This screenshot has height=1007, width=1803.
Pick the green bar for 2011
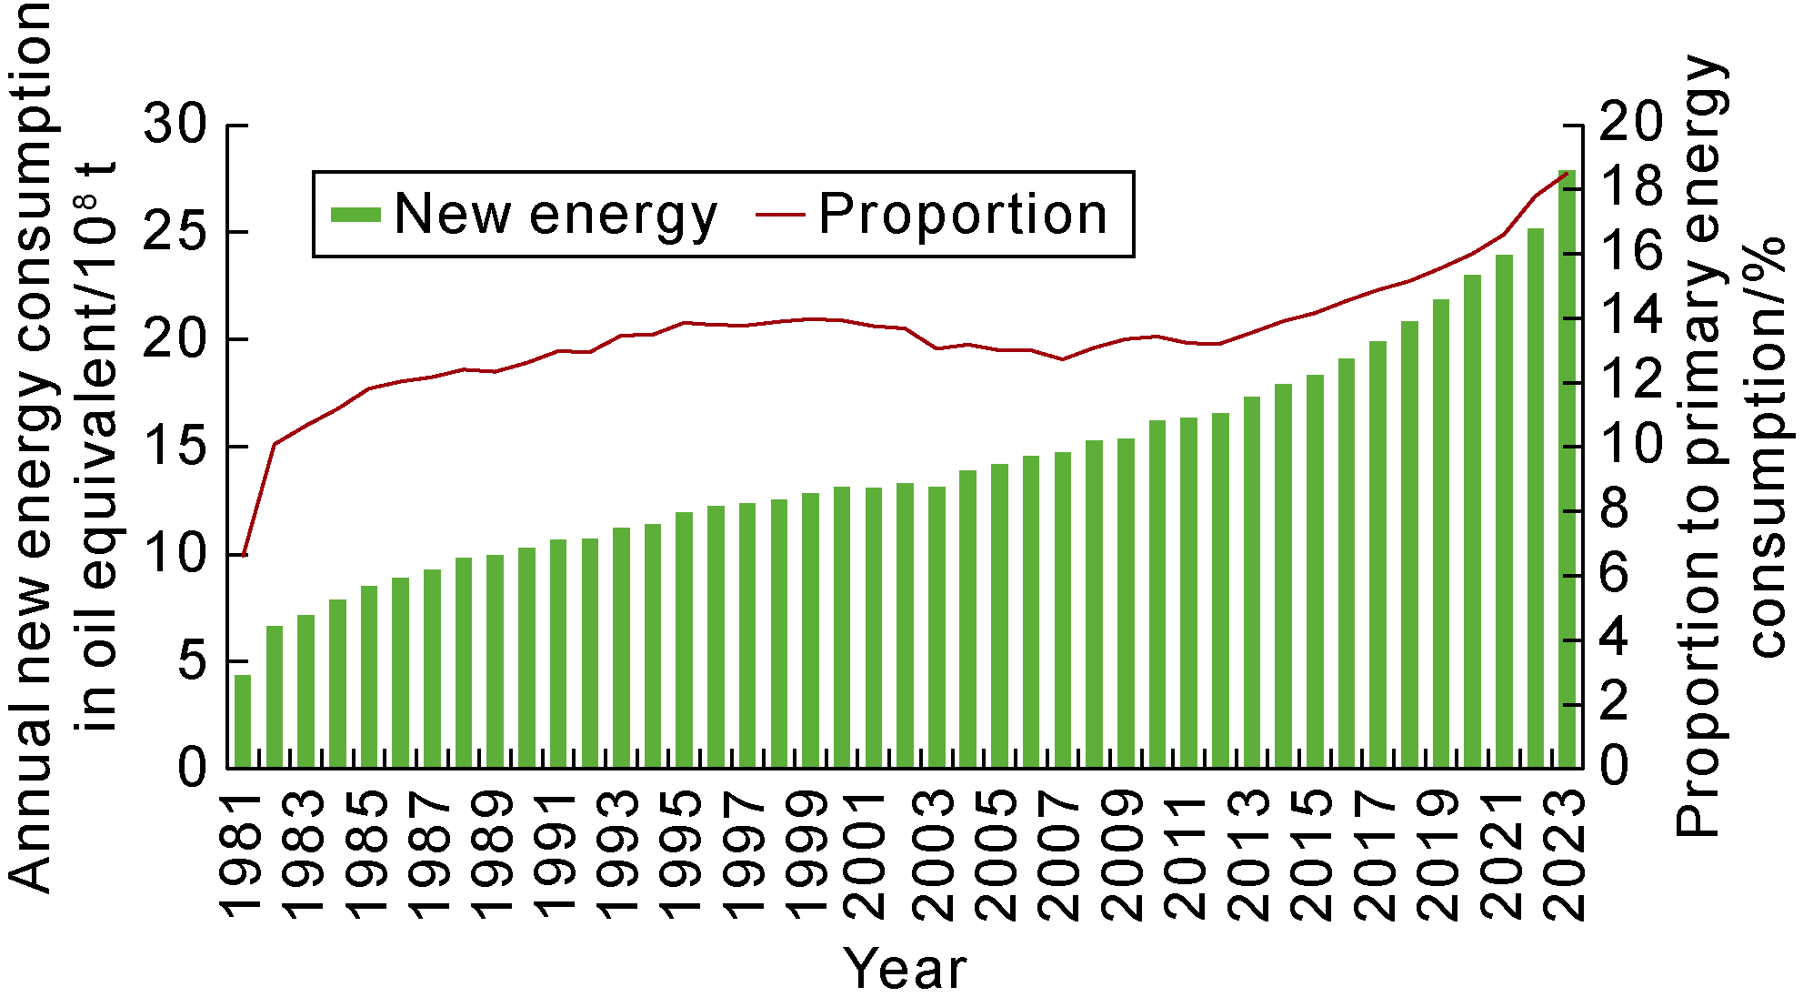pyautogui.click(x=1188, y=592)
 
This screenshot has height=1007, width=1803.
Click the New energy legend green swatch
pyautogui.click(x=356, y=215)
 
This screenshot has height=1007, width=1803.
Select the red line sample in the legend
pyautogui.click(x=780, y=215)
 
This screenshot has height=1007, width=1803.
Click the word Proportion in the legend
pyautogui.click(x=962, y=215)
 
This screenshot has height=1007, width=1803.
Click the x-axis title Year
pyautogui.click(x=906, y=968)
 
